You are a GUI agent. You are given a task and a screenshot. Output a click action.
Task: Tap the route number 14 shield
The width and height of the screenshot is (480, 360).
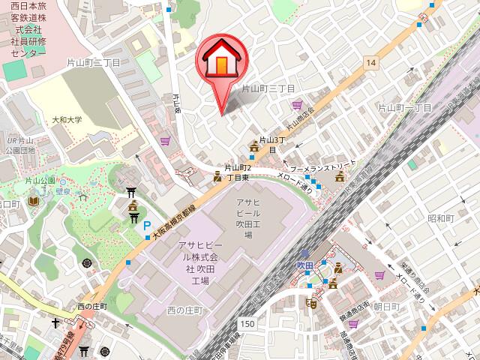point(370,64)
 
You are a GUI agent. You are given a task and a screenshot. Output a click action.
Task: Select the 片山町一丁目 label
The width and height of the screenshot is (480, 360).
point(404,108)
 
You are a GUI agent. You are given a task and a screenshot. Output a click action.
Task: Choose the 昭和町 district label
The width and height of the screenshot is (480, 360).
point(441,217)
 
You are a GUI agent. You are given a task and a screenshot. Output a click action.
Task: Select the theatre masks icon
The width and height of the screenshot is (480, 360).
point(310,302)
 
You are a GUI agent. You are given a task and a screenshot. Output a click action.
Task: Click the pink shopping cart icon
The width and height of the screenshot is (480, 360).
point(298,106)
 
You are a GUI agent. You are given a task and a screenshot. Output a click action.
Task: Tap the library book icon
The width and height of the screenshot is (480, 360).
point(33,201)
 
